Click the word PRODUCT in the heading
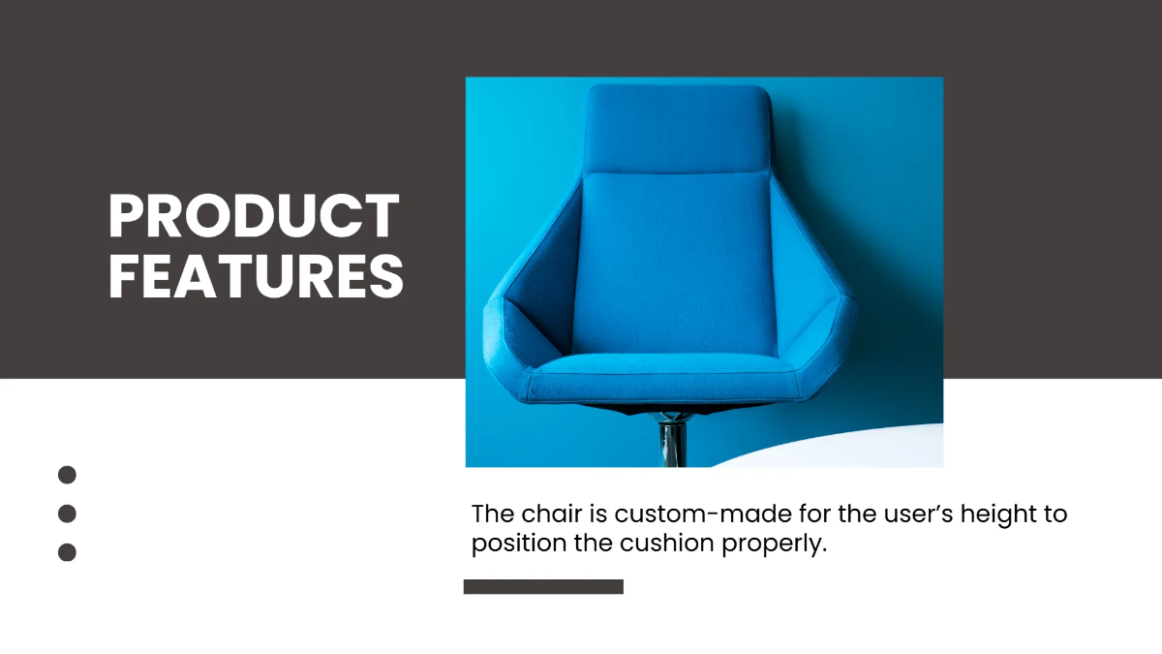254,216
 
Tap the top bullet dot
67,475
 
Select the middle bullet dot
67,514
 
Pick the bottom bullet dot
67,552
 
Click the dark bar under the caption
543,586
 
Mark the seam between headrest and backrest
678,173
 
